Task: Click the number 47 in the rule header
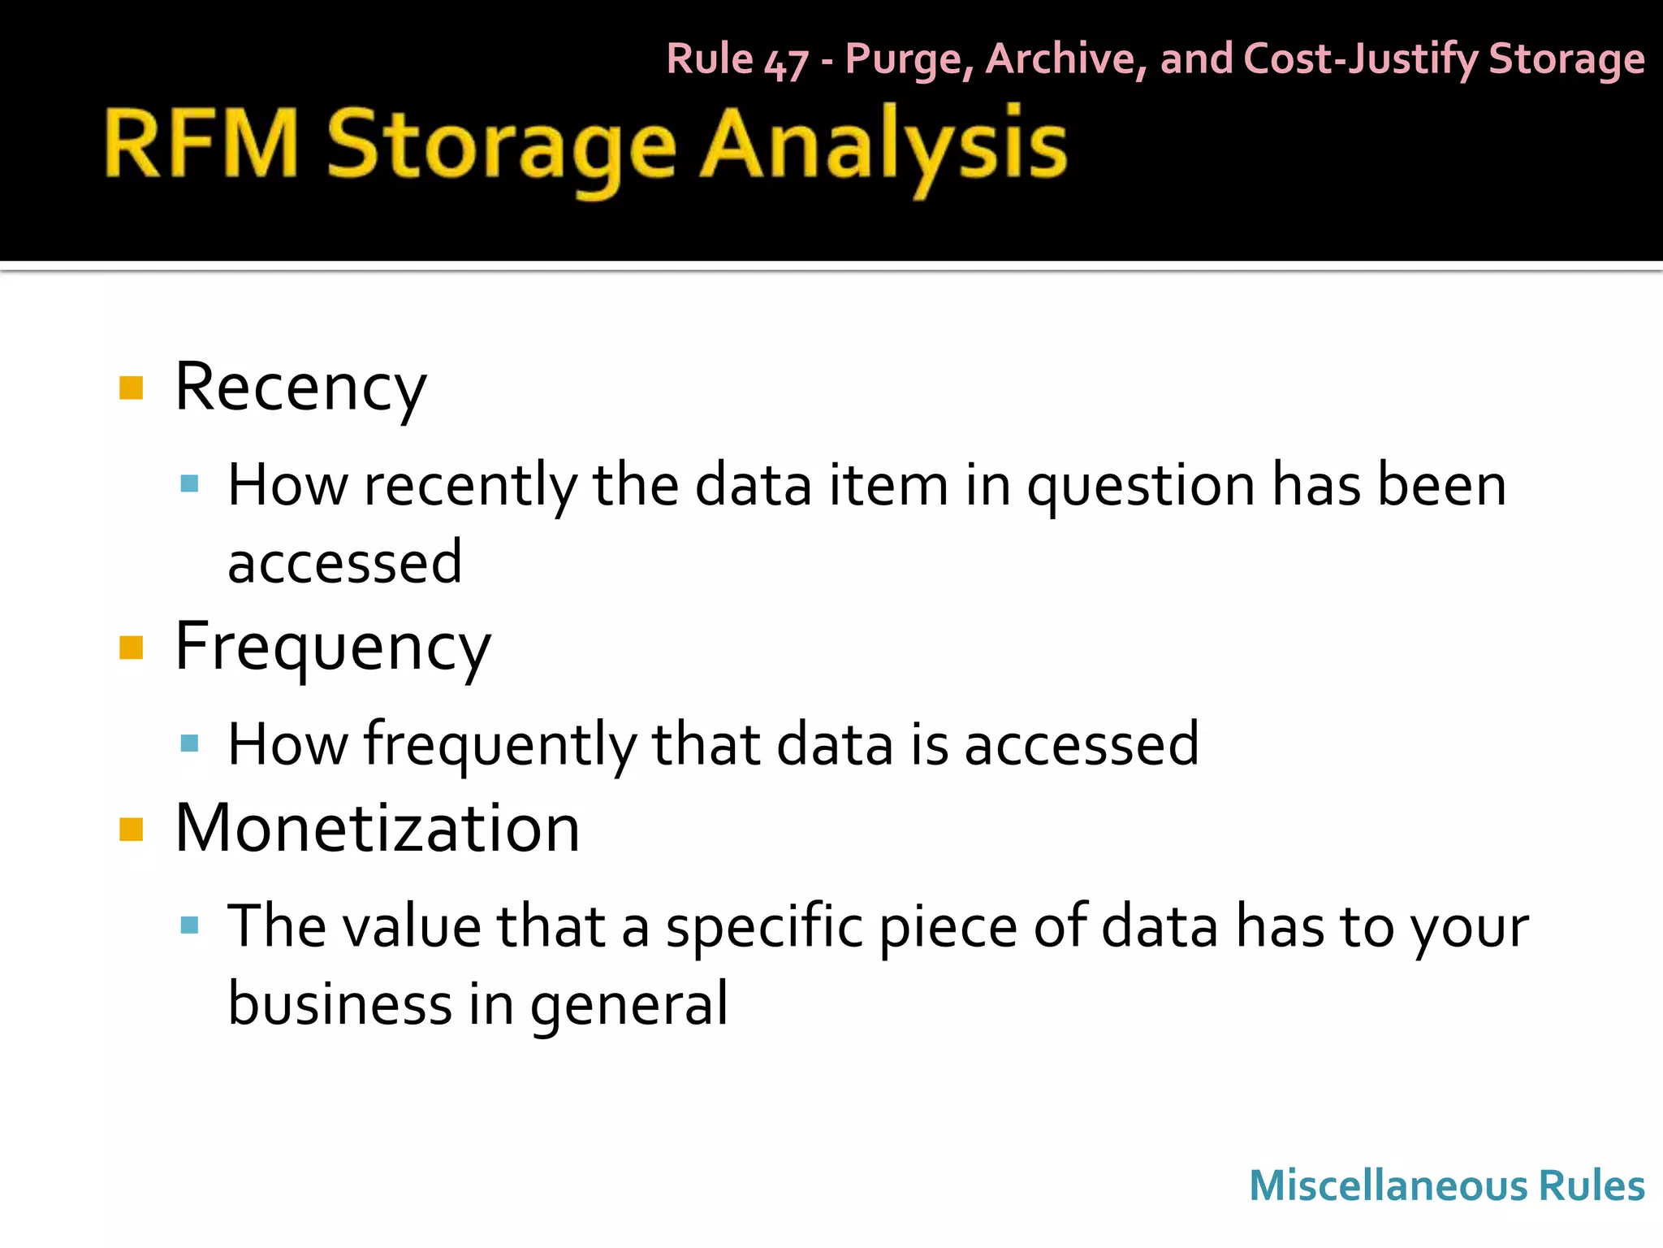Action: pyautogui.click(x=785, y=63)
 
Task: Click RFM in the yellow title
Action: pyautogui.click(x=201, y=144)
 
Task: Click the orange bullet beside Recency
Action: pyautogui.click(x=131, y=388)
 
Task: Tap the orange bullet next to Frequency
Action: pyautogui.click(x=131, y=648)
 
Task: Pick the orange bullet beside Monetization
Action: pyautogui.click(x=131, y=830)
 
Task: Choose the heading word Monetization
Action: pyautogui.click(x=377, y=829)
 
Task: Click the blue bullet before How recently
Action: pyautogui.click(x=190, y=485)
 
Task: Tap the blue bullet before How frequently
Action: pyautogui.click(x=190, y=743)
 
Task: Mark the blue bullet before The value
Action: pyautogui.click(x=190, y=925)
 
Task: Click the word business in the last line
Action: pyautogui.click(x=339, y=1003)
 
